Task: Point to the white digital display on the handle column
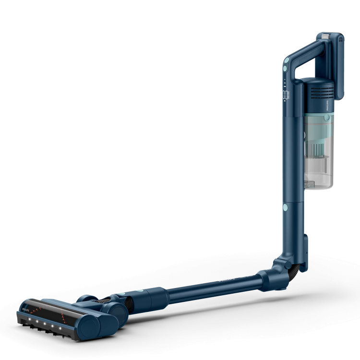coord(284,96)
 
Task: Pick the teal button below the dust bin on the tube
coord(286,207)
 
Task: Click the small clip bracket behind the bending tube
coord(304,242)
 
